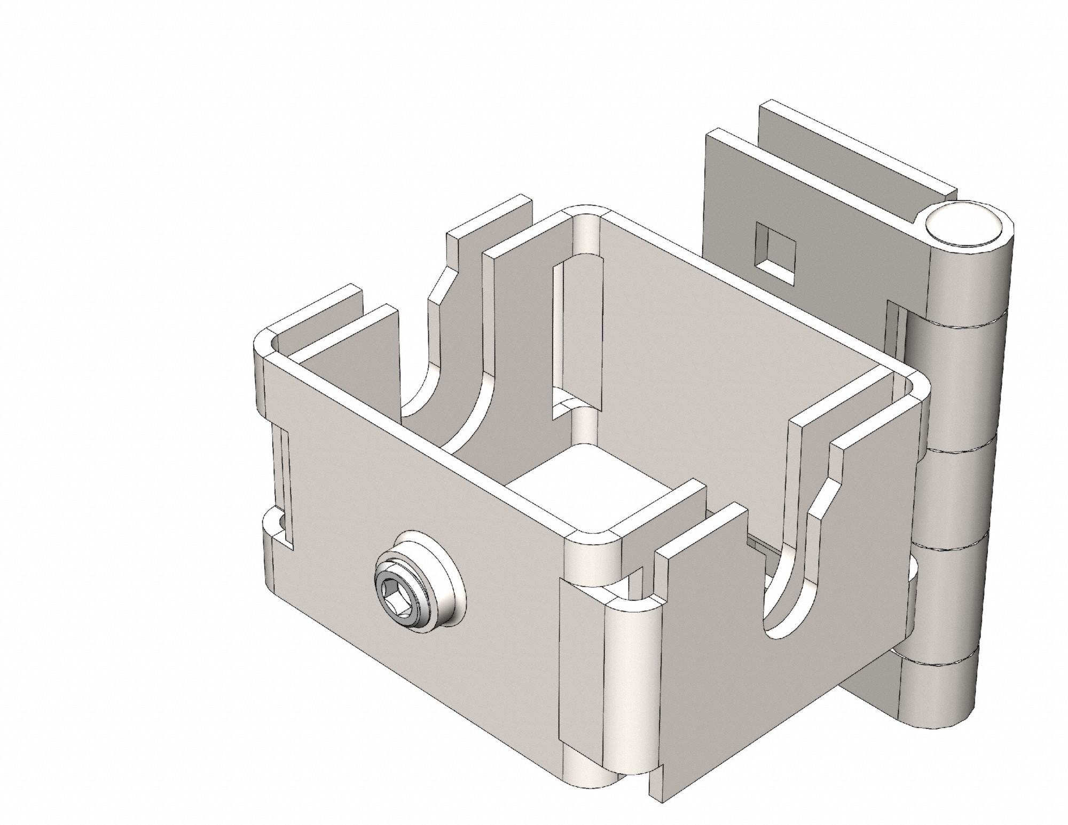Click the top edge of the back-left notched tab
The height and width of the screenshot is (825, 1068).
[489, 216]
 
